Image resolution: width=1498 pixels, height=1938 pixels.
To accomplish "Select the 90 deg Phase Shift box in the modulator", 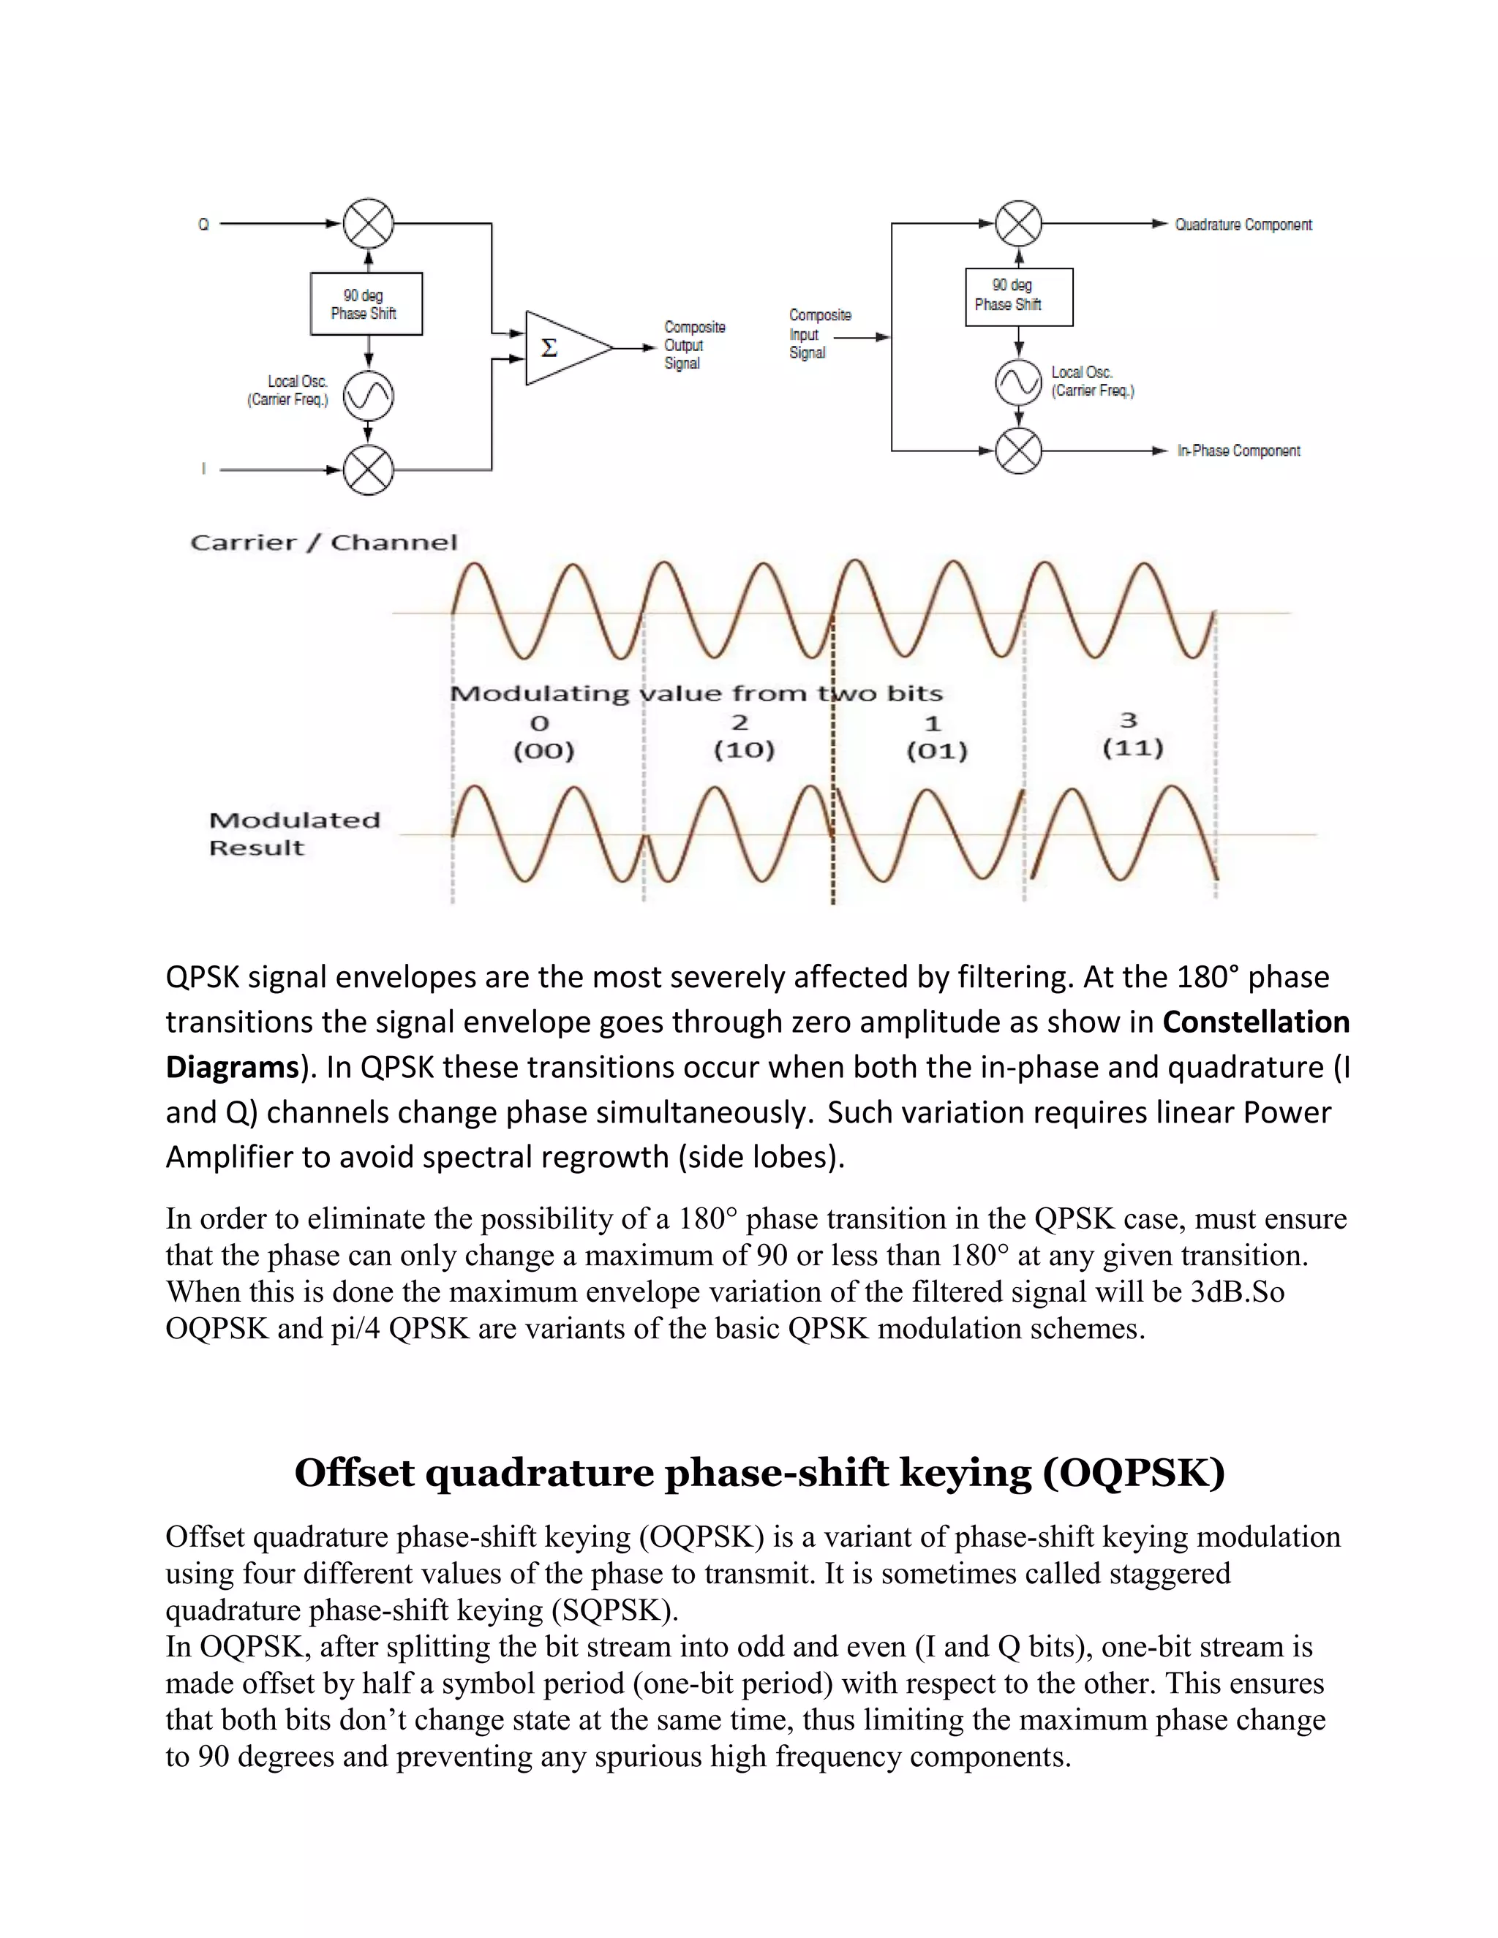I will pyautogui.click(x=366, y=304).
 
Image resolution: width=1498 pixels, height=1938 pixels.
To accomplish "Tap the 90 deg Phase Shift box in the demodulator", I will pyautogui.click(x=1018, y=296).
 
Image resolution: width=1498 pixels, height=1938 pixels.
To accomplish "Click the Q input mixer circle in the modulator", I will pyautogui.click(x=369, y=224).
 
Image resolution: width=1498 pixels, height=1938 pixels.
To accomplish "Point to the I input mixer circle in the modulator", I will pyautogui.click(x=369, y=470).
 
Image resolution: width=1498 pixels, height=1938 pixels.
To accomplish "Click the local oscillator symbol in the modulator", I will pyautogui.click(x=369, y=396).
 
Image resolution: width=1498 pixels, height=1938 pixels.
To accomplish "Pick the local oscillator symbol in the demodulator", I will pyautogui.click(x=1018, y=382).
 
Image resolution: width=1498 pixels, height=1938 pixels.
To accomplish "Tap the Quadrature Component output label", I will pyautogui.click(x=1243, y=225).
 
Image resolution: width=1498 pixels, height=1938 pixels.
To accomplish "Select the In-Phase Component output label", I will pyautogui.click(x=1238, y=450).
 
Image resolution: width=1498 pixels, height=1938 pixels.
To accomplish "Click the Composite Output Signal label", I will pyautogui.click(x=694, y=345).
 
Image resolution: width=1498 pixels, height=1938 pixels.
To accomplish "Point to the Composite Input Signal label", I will pyautogui.click(x=819, y=333).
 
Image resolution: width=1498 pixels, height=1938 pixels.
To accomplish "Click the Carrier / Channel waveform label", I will pyautogui.click(x=324, y=542).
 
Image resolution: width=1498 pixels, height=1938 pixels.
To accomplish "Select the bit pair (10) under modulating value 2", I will pyautogui.click(x=744, y=751).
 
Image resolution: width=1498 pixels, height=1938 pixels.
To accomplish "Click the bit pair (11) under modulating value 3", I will pyautogui.click(x=1132, y=749).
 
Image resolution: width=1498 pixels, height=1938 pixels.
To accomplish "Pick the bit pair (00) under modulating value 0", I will pyautogui.click(x=544, y=752).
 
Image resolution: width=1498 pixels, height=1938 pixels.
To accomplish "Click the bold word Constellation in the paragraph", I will pyautogui.click(x=1255, y=1022).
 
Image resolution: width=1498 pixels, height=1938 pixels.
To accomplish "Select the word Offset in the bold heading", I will pyautogui.click(x=354, y=1474).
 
